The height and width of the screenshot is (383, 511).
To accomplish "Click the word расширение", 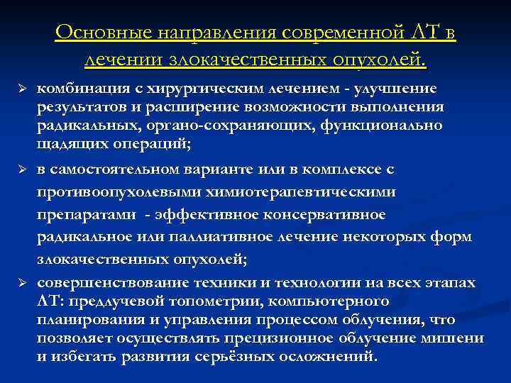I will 168,107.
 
